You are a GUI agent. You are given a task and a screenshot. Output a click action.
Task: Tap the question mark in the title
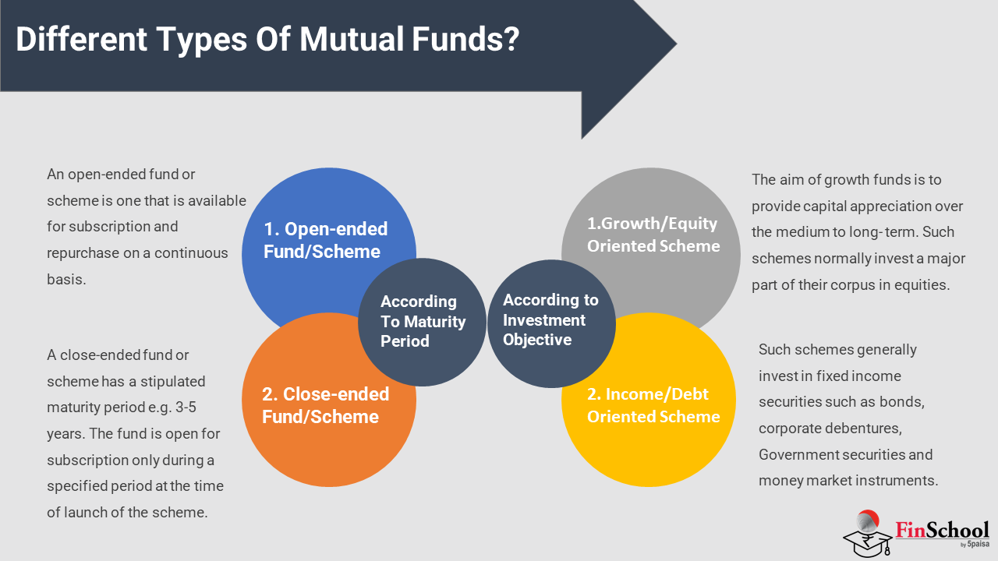(x=511, y=39)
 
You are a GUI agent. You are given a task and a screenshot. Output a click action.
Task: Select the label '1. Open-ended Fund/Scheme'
(x=325, y=240)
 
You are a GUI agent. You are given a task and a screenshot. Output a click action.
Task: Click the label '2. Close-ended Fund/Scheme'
(x=325, y=405)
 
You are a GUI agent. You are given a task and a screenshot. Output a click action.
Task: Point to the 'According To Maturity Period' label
(x=423, y=321)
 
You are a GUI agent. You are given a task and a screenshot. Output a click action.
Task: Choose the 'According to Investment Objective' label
(x=550, y=319)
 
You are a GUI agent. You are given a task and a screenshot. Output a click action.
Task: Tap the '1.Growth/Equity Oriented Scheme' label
(x=653, y=235)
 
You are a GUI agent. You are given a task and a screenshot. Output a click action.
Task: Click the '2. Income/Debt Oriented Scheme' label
(x=653, y=405)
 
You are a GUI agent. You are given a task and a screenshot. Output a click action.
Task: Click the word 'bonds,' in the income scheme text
(x=902, y=402)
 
